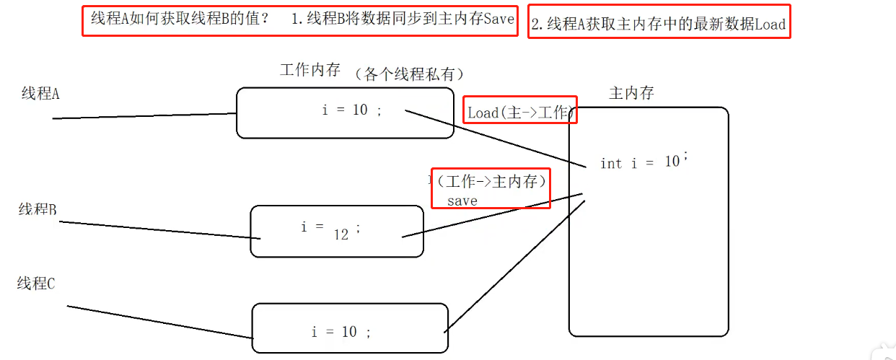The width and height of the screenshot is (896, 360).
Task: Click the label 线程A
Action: coord(40,94)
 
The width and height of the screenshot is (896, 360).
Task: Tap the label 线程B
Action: coord(38,209)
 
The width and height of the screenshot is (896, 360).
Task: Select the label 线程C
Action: coord(36,284)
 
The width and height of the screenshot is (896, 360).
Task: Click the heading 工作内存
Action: coord(309,70)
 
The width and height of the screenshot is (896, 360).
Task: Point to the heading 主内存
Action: coord(631,93)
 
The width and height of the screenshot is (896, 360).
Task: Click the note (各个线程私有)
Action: coord(409,74)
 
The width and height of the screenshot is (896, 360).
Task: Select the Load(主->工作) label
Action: coord(520,113)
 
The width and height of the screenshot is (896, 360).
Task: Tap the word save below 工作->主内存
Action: coord(462,201)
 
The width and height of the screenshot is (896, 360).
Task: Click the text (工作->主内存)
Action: coord(491,181)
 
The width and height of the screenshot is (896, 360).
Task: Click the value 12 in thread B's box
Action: coord(341,234)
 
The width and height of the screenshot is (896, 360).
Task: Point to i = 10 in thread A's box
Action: coord(351,110)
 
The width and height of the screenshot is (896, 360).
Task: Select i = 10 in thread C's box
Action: coord(341,332)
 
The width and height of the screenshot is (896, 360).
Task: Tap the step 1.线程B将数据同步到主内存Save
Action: coord(403,19)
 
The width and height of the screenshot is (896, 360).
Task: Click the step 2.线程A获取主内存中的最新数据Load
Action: coord(658,24)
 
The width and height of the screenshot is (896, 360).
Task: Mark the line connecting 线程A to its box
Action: coord(144,116)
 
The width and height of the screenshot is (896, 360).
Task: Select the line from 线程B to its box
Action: coord(159,230)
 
